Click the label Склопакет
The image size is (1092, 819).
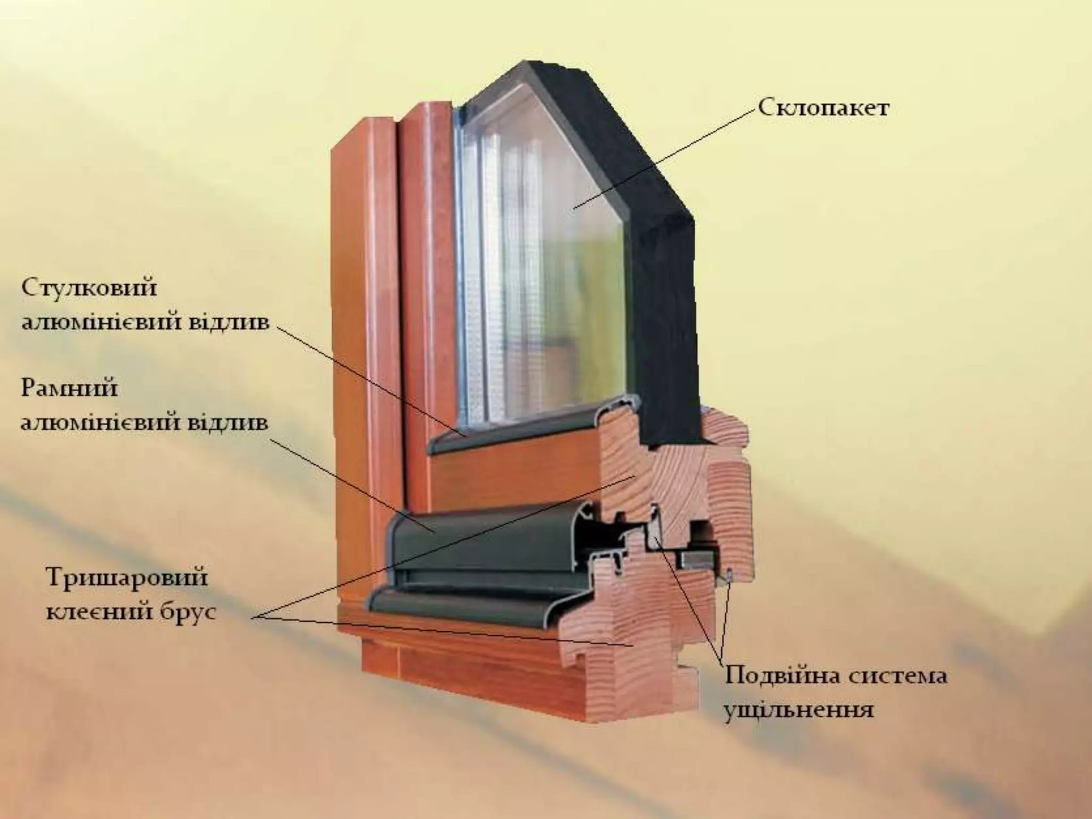(823, 109)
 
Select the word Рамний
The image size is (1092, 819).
(69, 389)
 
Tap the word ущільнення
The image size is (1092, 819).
(798, 710)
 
